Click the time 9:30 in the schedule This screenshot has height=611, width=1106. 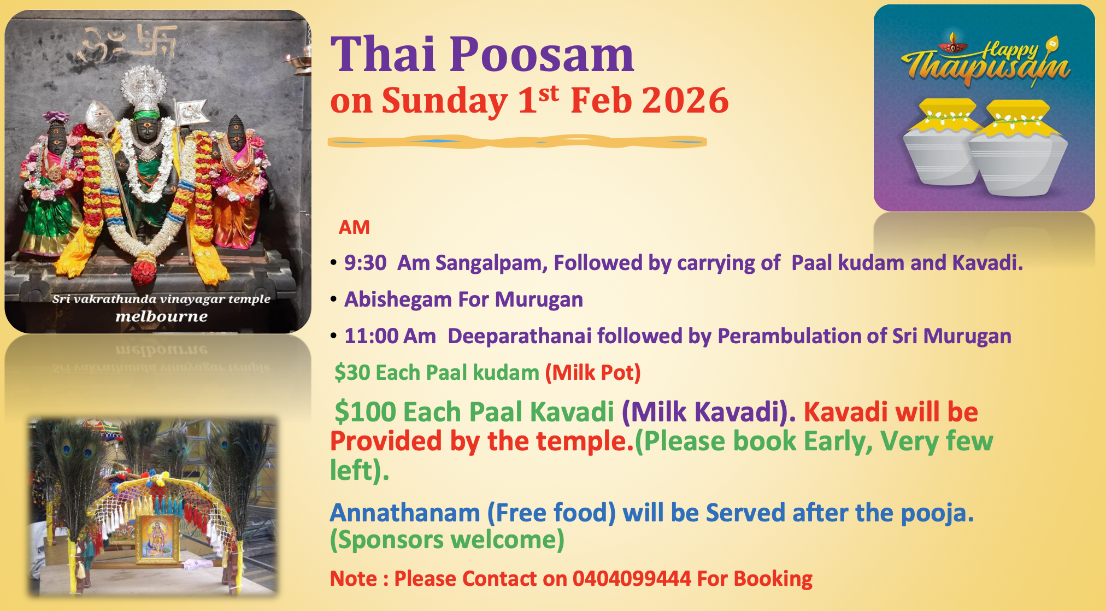365,263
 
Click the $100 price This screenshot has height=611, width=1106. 366,412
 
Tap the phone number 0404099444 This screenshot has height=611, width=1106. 631,579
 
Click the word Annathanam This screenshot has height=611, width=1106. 405,513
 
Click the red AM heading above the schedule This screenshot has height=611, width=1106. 354,227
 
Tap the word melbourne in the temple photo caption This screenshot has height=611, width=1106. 161,316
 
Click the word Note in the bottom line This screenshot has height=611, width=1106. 353,579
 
